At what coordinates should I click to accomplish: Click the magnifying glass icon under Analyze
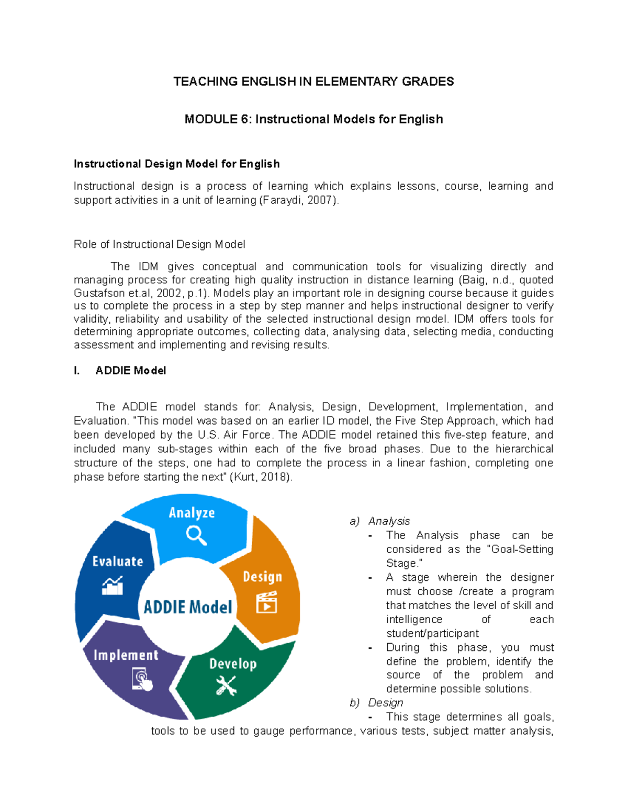196,535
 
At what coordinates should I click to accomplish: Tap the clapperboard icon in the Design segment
266,602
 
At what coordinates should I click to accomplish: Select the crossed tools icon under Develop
226,685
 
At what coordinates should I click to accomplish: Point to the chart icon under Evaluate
113,586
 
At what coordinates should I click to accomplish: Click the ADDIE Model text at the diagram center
188,607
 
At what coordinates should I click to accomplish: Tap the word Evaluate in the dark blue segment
118,562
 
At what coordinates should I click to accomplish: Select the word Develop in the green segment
233,664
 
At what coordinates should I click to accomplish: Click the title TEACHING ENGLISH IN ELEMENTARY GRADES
313,82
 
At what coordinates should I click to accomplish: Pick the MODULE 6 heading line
313,119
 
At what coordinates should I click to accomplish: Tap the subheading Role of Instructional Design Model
159,244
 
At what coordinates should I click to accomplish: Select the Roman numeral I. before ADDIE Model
77,371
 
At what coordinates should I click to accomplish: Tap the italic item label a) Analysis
380,521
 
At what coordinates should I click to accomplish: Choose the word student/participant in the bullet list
432,633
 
